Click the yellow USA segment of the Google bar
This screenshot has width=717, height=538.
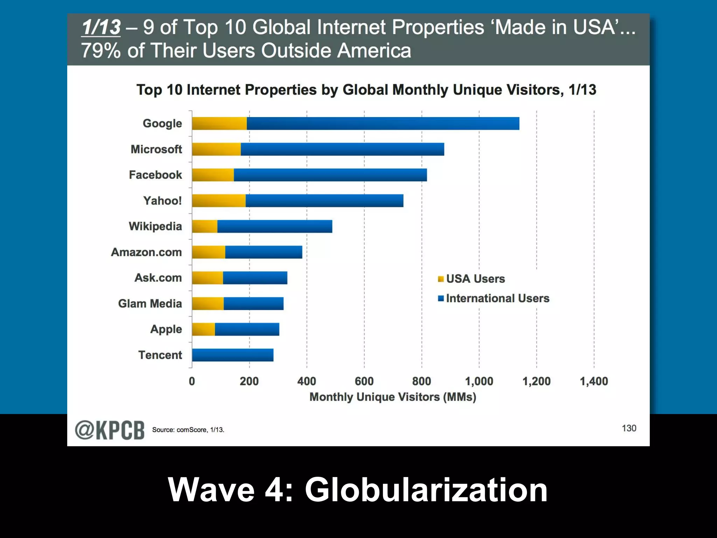(219, 123)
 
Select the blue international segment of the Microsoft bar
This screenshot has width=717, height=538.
(342, 149)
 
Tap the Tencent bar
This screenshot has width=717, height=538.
(232, 355)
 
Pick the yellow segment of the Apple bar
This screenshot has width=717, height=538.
(203, 329)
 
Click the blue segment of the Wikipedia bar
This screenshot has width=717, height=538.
(274, 226)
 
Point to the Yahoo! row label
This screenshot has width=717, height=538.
(162, 201)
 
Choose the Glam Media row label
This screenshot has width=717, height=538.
(150, 303)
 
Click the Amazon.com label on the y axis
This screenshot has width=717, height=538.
(146, 252)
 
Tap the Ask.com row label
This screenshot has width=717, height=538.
(158, 278)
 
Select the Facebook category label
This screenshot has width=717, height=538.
(155, 175)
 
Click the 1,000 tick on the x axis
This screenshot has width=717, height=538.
(479, 381)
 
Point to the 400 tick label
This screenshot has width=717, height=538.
(307, 381)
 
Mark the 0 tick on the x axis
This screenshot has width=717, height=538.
(192, 381)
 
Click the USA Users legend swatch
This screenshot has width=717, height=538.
(441, 279)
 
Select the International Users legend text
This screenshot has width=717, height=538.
(497, 298)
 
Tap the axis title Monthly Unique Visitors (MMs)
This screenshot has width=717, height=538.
(393, 397)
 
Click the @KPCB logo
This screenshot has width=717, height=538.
(110, 430)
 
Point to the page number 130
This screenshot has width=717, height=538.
(629, 428)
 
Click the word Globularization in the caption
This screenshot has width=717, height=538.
(426, 490)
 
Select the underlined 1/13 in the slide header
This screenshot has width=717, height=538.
(101, 27)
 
